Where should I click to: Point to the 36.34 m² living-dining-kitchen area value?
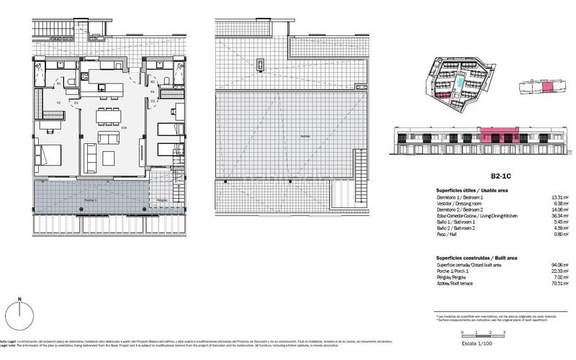pos(560,215)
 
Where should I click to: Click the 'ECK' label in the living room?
pos(125,128)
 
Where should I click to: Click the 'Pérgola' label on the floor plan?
pos(161,199)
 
